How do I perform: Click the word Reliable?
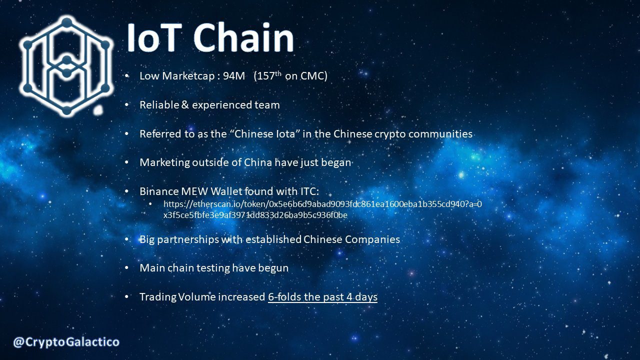(160, 105)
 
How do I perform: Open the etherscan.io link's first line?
(322, 204)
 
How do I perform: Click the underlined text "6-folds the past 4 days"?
(322, 297)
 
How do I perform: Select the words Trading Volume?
(177, 297)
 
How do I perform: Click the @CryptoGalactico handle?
(66, 342)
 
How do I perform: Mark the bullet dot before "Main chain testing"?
(127, 268)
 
